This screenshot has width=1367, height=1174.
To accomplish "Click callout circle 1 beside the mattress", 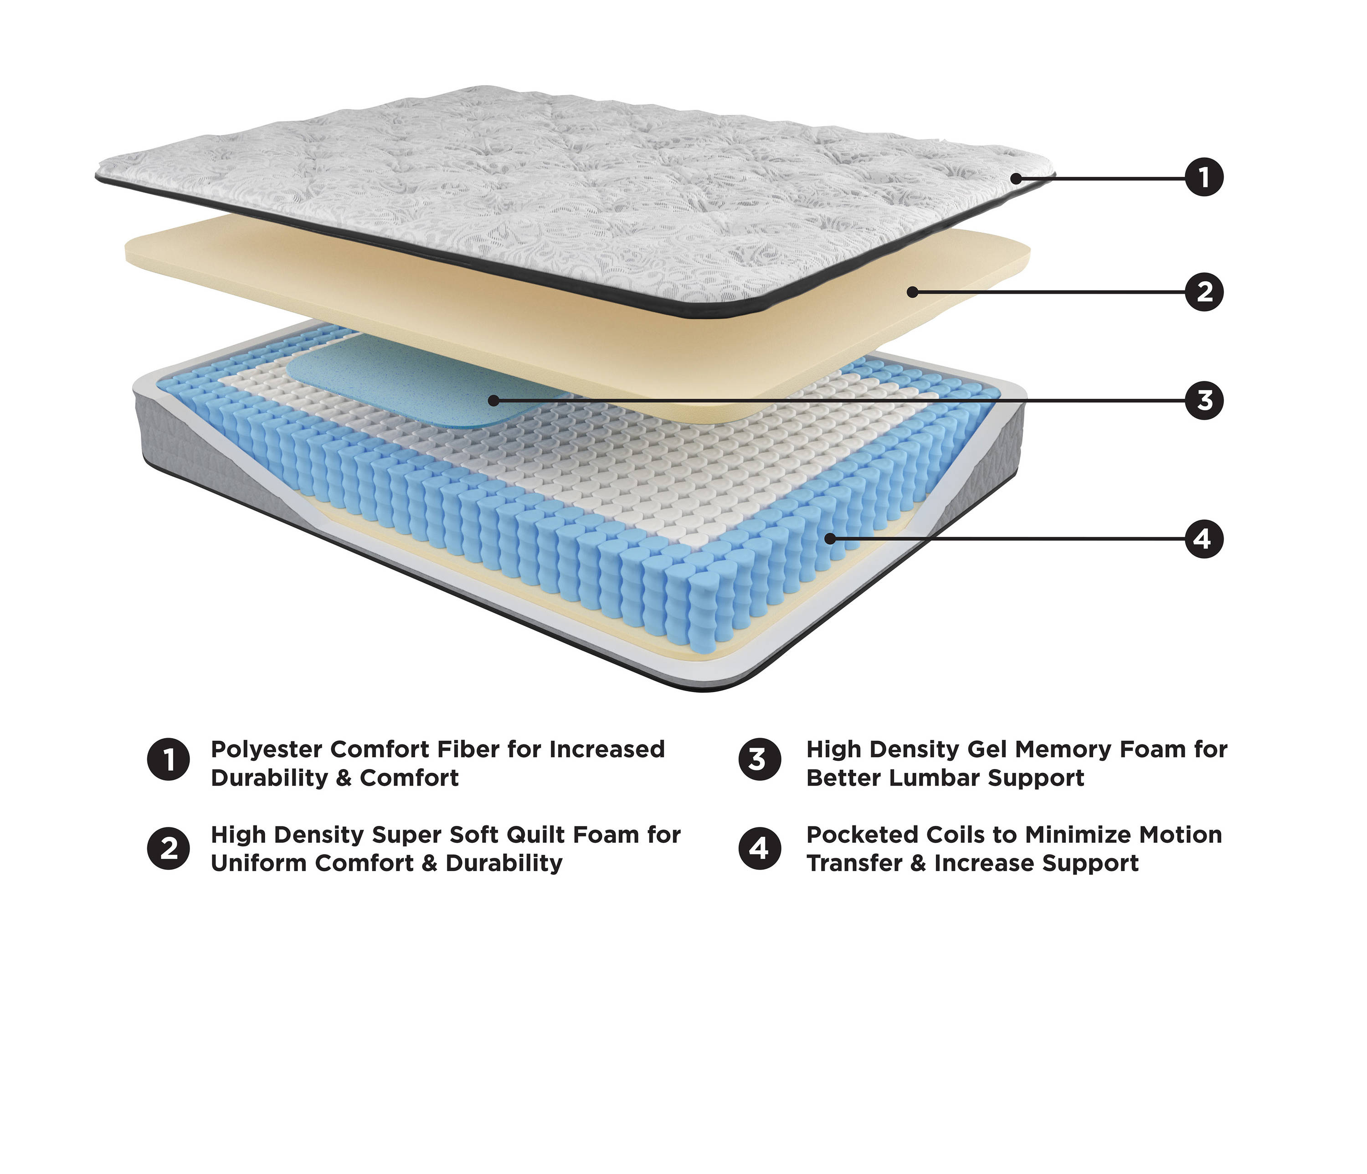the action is (x=1204, y=177).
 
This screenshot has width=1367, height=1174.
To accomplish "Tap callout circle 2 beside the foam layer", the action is (x=1204, y=292).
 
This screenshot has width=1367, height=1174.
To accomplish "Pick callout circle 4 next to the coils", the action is (x=1204, y=539).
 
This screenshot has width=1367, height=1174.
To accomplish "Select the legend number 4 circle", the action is (x=760, y=848).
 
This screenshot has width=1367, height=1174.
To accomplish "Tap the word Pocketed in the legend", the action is (x=860, y=835).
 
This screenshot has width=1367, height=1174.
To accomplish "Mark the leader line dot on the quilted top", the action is (x=1017, y=178).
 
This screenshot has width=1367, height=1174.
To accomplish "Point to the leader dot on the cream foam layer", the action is (x=912, y=292).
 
